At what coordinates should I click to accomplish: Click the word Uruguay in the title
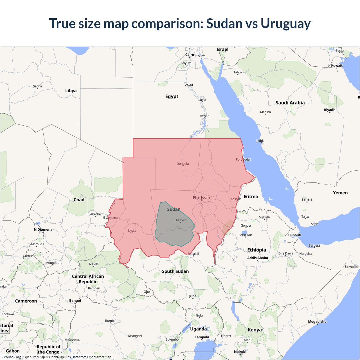click(x=285, y=24)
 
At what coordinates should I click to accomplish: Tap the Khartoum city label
click(x=201, y=197)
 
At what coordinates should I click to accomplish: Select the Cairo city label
click(x=190, y=55)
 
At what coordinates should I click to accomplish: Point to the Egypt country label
click(x=172, y=96)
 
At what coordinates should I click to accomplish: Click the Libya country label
click(x=71, y=91)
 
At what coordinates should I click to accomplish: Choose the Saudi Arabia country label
click(x=290, y=103)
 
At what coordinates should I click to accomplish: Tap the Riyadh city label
click(x=330, y=110)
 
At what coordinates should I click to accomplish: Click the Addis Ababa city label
click(x=258, y=258)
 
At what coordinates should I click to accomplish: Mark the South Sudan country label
click(x=175, y=271)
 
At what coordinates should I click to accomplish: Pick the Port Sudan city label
click(x=244, y=159)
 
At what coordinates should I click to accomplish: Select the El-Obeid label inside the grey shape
click(x=181, y=220)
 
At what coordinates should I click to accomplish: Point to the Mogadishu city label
click(x=317, y=321)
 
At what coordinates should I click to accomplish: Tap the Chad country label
click(x=79, y=200)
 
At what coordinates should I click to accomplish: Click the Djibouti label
click(x=295, y=235)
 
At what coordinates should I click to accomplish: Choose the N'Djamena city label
click(x=43, y=229)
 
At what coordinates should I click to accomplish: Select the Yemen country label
click(x=340, y=193)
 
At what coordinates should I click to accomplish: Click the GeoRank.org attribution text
click(x=11, y=357)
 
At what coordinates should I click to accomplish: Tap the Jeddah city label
click(x=261, y=141)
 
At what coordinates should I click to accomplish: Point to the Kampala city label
click(x=202, y=337)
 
